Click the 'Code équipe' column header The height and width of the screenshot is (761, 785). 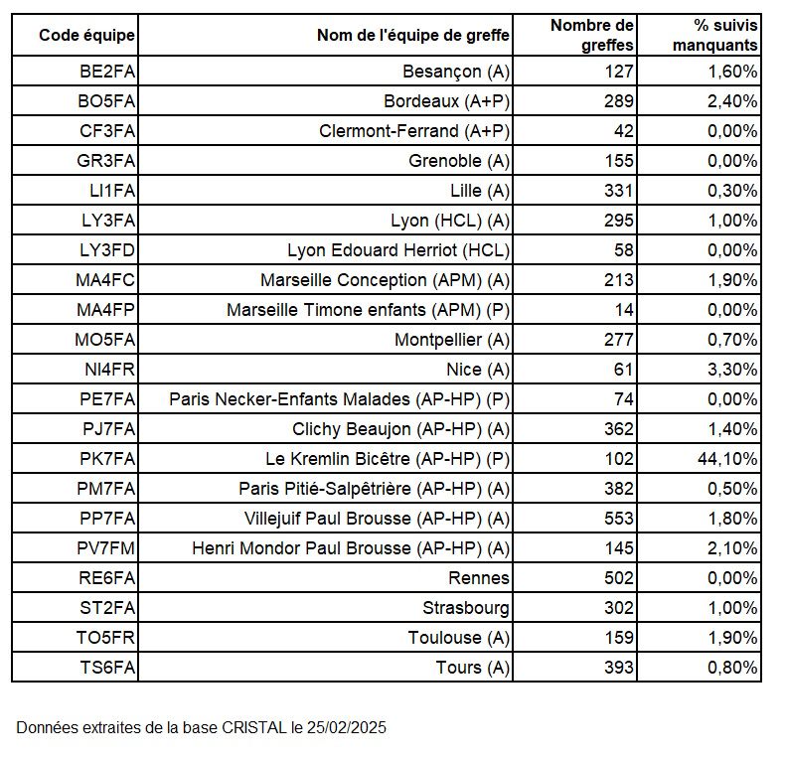pyautogui.click(x=86, y=36)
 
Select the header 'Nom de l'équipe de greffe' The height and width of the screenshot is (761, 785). pyautogui.click(x=412, y=36)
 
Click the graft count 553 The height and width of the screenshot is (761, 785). pyautogui.click(x=618, y=519)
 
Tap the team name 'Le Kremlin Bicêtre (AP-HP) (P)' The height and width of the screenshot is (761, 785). pyautogui.click(x=388, y=459)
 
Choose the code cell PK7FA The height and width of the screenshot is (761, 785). pyautogui.click(x=106, y=459)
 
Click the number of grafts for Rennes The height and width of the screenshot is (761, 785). pyautogui.click(x=618, y=578)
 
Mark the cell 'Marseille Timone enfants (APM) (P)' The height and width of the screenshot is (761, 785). pyautogui.click(x=368, y=310)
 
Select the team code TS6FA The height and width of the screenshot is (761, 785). pyautogui.click(x=106, y=668)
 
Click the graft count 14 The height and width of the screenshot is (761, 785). pyautogui.click(x=624, y=310)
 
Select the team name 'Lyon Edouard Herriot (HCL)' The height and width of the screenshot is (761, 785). pyautogui.click(x=397, y=250)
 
